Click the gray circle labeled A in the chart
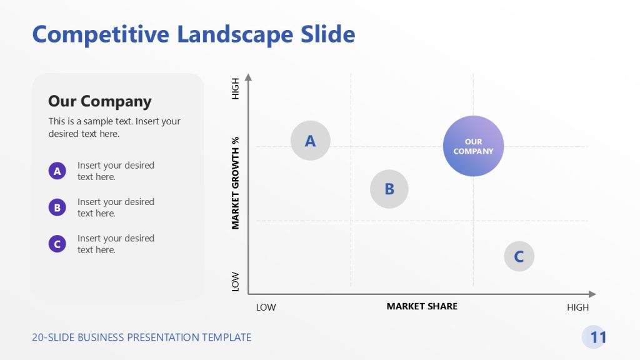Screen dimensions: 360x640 tap(311, 141)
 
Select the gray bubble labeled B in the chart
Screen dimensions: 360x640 tap(389, 189)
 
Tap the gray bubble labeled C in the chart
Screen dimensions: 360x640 tap(519, 256)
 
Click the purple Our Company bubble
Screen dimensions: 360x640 tap(473, 146)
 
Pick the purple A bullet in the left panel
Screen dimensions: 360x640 tap(57, 171)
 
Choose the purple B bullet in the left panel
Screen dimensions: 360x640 tap(57, 207)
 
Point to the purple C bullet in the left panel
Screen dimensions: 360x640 tap(57, 244)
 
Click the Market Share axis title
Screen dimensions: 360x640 tap(422, 306)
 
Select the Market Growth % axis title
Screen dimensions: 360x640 tap(236, 182)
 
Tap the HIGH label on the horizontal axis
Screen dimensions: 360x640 tap(577, 307)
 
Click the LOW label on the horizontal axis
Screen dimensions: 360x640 tap(266, 307)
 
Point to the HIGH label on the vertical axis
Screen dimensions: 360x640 tap(236, 88)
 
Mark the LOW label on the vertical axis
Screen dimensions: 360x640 tap(236, 281)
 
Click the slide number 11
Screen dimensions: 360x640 tap(597, 337)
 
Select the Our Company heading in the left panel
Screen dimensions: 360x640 tap(99, 101)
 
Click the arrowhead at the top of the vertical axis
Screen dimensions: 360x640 tap(248, 77)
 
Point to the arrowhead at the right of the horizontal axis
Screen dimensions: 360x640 tap(592, 294)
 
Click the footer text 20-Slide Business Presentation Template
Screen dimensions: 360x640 tap(141, 337)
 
